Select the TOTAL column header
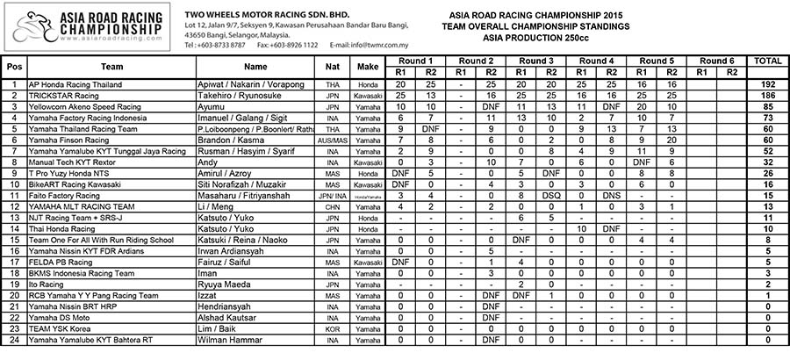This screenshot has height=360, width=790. tap(768, 61)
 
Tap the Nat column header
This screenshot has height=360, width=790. tap(332, 66)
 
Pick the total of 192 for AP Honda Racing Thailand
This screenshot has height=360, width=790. tap(768, 83)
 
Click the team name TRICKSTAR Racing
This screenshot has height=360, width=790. tap(62, 95)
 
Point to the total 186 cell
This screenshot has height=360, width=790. tap(768, 95)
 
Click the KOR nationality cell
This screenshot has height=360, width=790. tap(332, 329)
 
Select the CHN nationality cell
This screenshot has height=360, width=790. tap(332, 207)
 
